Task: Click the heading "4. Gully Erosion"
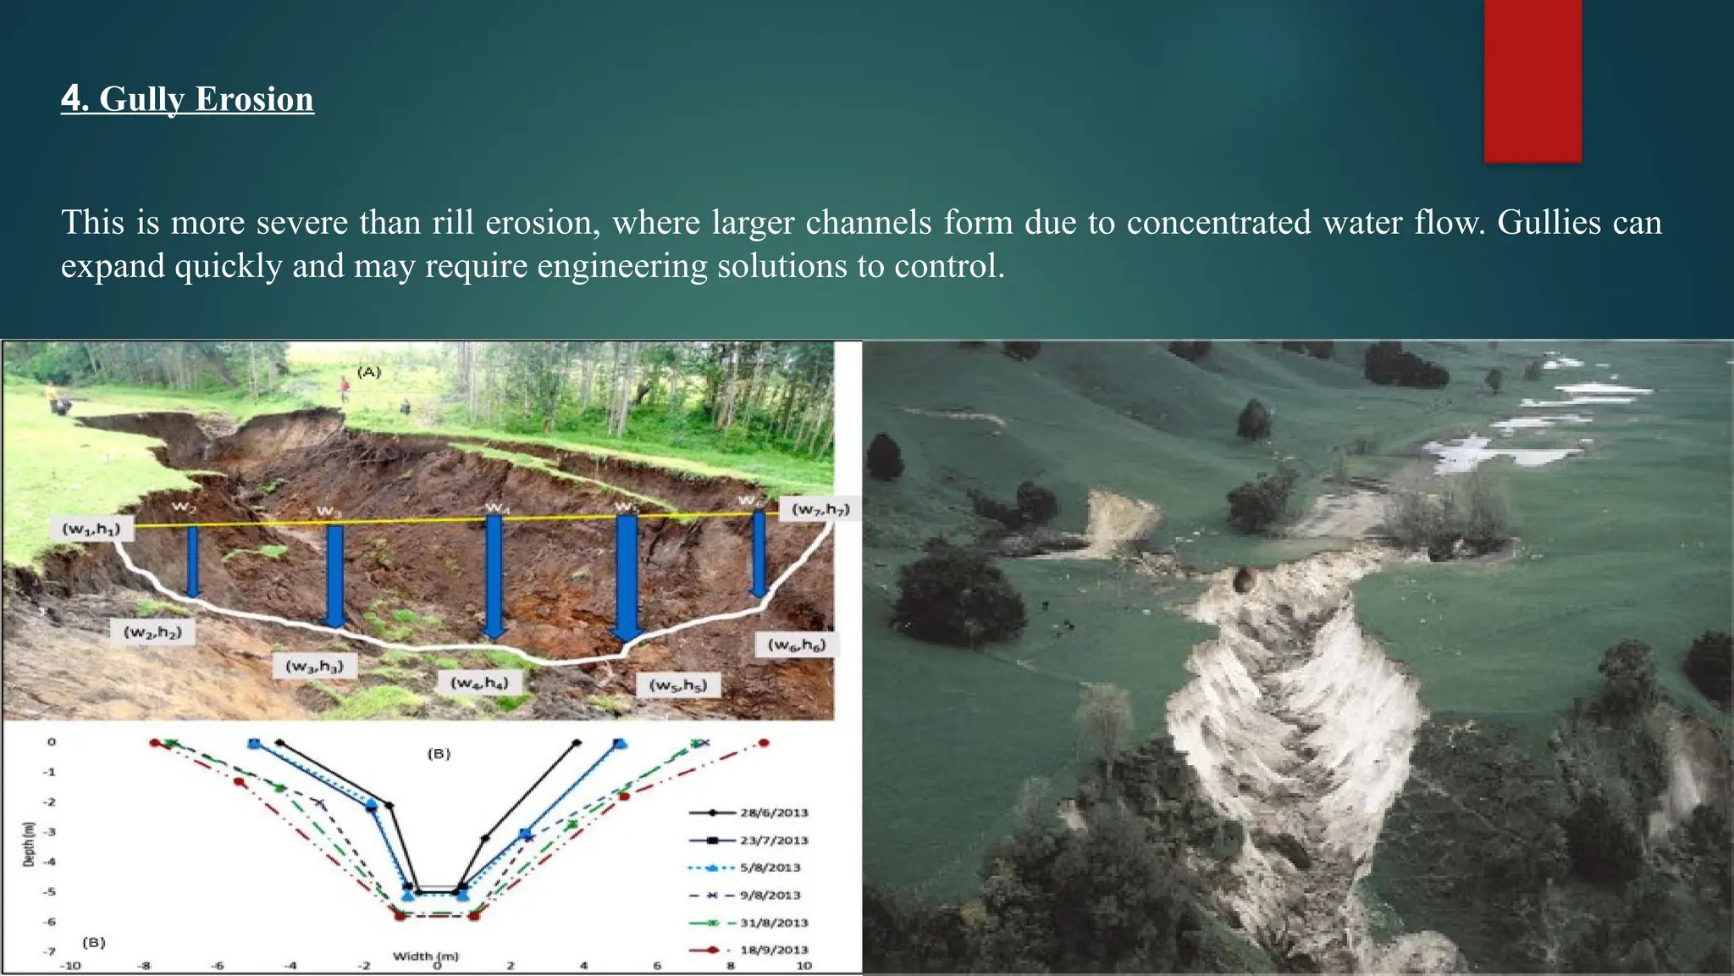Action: pyautogui.click(x=187, y=99)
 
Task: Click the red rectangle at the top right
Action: pyautogui.click(x=1532, y=80)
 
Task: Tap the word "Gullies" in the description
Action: pyautogui.click(x=1549, y=223)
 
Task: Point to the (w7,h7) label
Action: pyautogui.click(x=820, y=509)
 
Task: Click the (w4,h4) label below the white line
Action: pyautogui.click(x=479, y=683)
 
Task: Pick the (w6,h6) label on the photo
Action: pyautogui.click(x=796, y=646)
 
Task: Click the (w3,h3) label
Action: pyautogui.click(x=314, y=666)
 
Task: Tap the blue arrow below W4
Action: pyautogui.click(x=494, y=576)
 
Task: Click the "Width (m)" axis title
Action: pyautogui.click(x=426, y=956)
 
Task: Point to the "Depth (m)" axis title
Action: pyautogui.click(x=29, y=844)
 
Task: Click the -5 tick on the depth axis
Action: pyautogui.click(x=50, y=892)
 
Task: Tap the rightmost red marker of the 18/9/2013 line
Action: pyautogui.click(x=764, y=743)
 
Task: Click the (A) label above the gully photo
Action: pyautogui.click(x=369, y=372)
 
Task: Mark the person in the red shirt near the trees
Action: pyautogui.click(x=345, y=389)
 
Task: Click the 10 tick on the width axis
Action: pyautogui.click(x=803, y=965)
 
